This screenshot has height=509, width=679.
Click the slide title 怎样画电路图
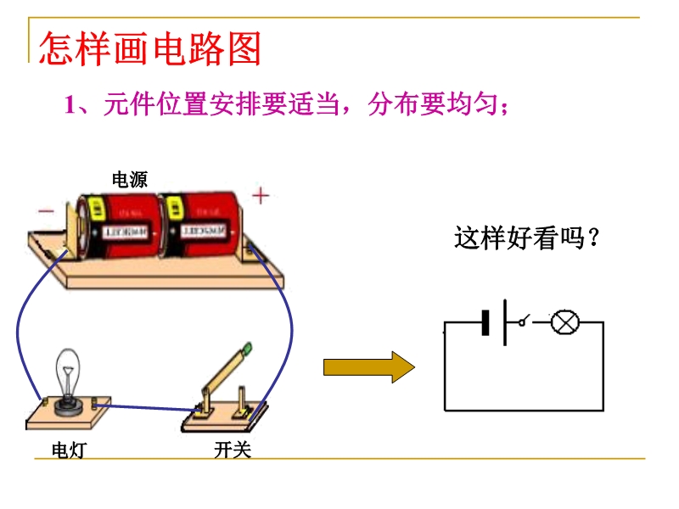tap(150, 50)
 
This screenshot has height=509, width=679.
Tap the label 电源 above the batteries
tap(129, 179)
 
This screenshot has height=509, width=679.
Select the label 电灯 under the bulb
tap(68, 450)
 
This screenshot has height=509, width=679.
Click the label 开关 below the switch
tap(233, 450)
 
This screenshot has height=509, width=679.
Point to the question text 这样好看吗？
tap(527, 238)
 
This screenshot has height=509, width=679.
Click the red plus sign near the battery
tap(261, 197)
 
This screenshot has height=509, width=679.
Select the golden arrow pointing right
tap(368, 366)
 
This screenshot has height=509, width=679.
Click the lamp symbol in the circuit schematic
tap(564, 322)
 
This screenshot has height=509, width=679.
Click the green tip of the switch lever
tap(247, 347)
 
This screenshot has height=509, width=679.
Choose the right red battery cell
tap(200, 225)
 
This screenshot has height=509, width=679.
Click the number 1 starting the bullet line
tap(71, 106)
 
